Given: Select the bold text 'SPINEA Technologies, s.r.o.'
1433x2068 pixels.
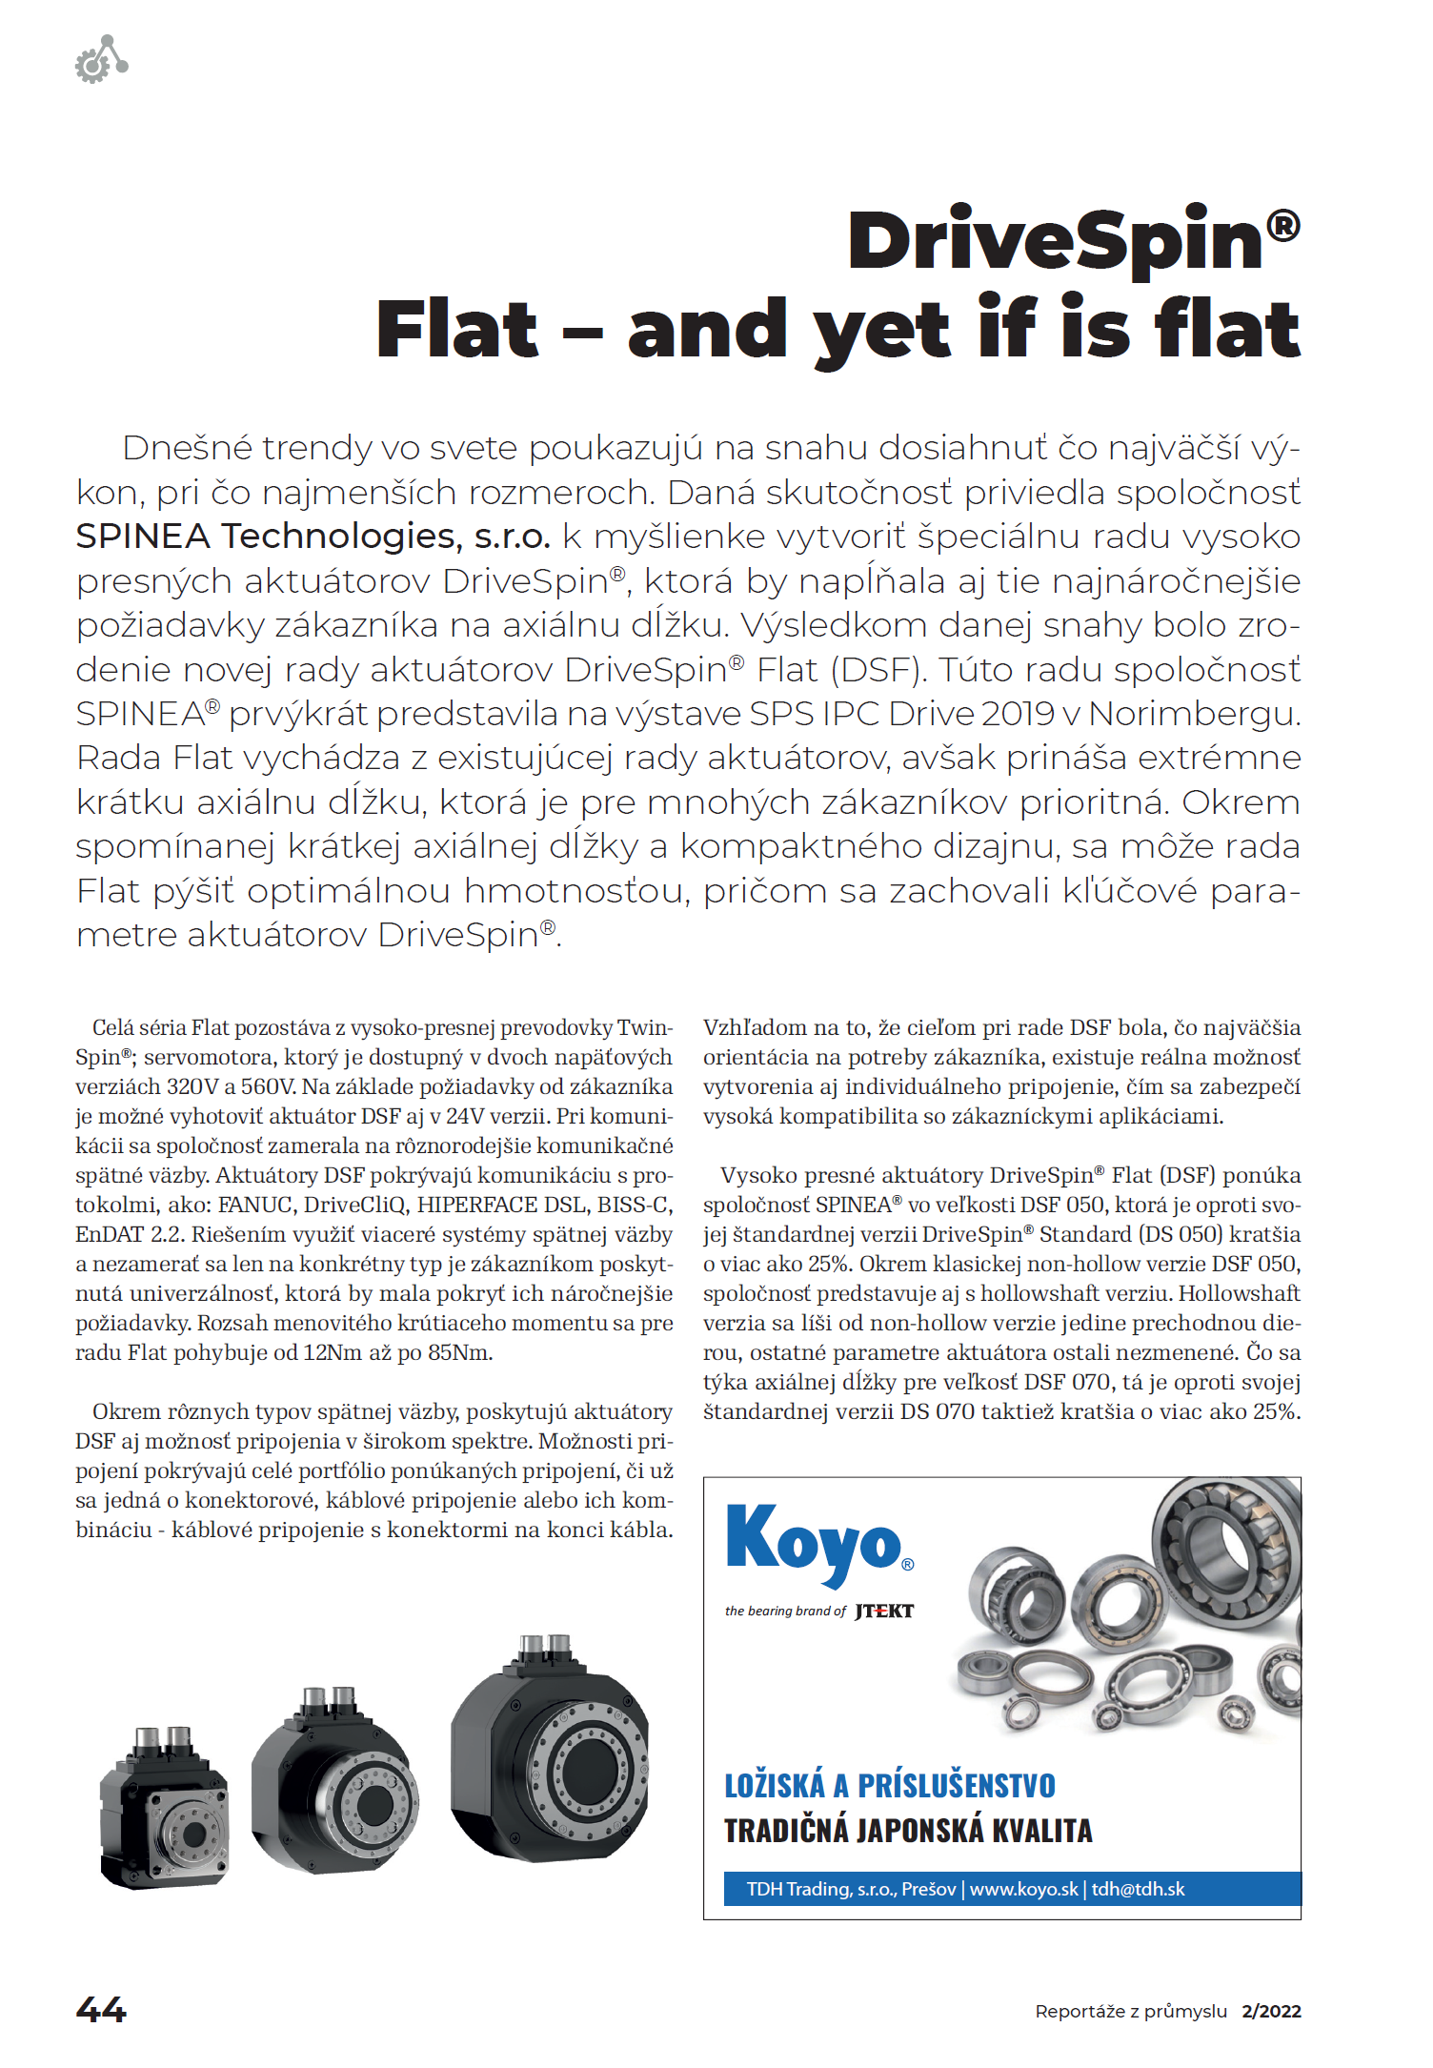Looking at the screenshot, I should pyautogui.click(x=313, y=537).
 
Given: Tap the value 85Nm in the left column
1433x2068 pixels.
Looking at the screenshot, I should pyautogui.click(x=460, y=1353).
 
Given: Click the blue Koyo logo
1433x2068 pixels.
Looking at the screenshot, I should pyautogui.click(x=815, y=1540).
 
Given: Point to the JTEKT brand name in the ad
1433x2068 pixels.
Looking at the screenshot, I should pyautogui.click(x=884, y=1612).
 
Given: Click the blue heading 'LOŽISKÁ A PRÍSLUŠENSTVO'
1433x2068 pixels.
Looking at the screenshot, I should pyautogui.click(x=889, y=1786).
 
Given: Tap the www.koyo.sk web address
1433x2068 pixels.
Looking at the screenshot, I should pyautogui.click(x=1023, y=1889).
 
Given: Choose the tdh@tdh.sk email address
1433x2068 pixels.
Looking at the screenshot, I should pyautogui.click(x=1139, y=1889).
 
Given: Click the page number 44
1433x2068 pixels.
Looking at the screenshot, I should pyautogui.click(x=101, y=2010).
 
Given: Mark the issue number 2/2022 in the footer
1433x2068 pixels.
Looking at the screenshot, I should pyautogui.click(x=1271, y=2011).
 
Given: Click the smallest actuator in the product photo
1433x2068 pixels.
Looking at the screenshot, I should pyautogui.click(x=164, y=1809).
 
